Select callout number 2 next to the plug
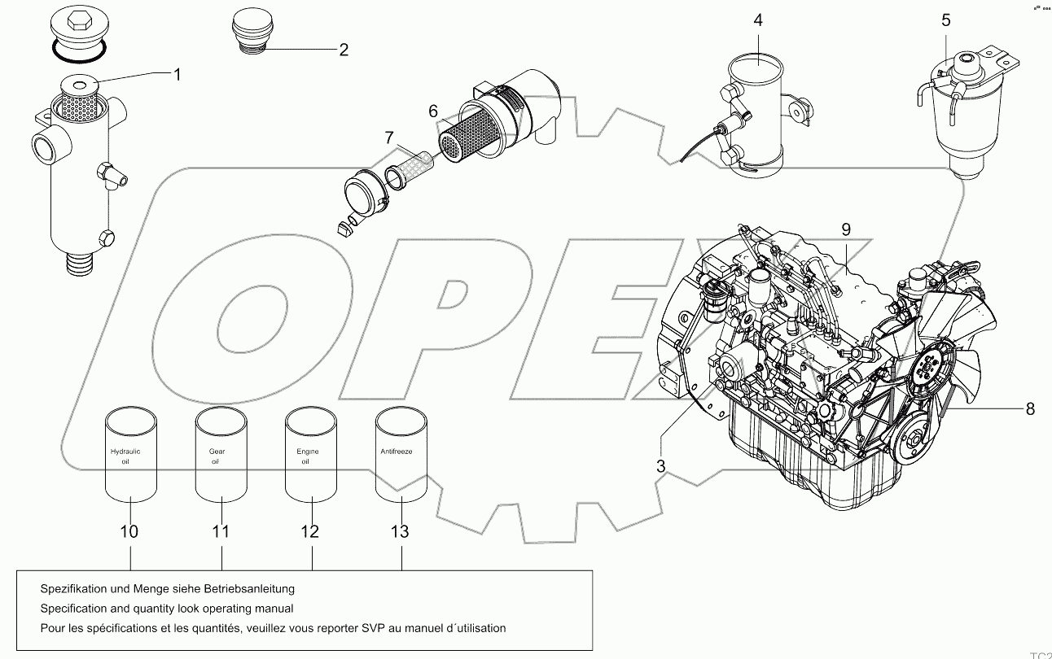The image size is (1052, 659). tap(344, 50)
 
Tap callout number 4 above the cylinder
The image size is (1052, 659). tap(758, 20)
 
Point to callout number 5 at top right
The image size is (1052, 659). tap(945, 20)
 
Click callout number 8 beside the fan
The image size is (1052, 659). tap(1029, 408)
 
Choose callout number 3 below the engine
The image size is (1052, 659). tap(661, 466)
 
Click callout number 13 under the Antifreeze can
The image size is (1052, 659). tap(399, 532)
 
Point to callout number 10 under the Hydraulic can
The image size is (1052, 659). tap(129, 532)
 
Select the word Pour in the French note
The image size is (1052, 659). tap(52, 628)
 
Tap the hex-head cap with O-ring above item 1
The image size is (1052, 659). tap(78, 33)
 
